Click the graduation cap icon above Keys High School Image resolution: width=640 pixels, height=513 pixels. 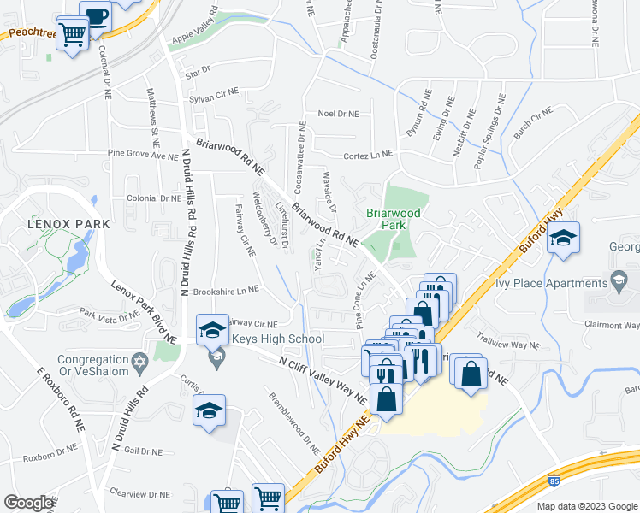(x=211, y=329)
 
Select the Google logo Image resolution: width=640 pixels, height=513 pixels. (x=28, y=502)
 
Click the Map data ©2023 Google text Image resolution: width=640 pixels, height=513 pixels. (x=586, y=506)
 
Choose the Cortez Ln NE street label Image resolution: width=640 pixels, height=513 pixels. (x=367, y=155)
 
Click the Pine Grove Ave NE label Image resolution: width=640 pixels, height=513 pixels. (x=142, y=155)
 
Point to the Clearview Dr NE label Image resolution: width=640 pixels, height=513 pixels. (x=140, y=493)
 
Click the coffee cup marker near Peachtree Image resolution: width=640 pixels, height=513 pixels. (x=95, y=16)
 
